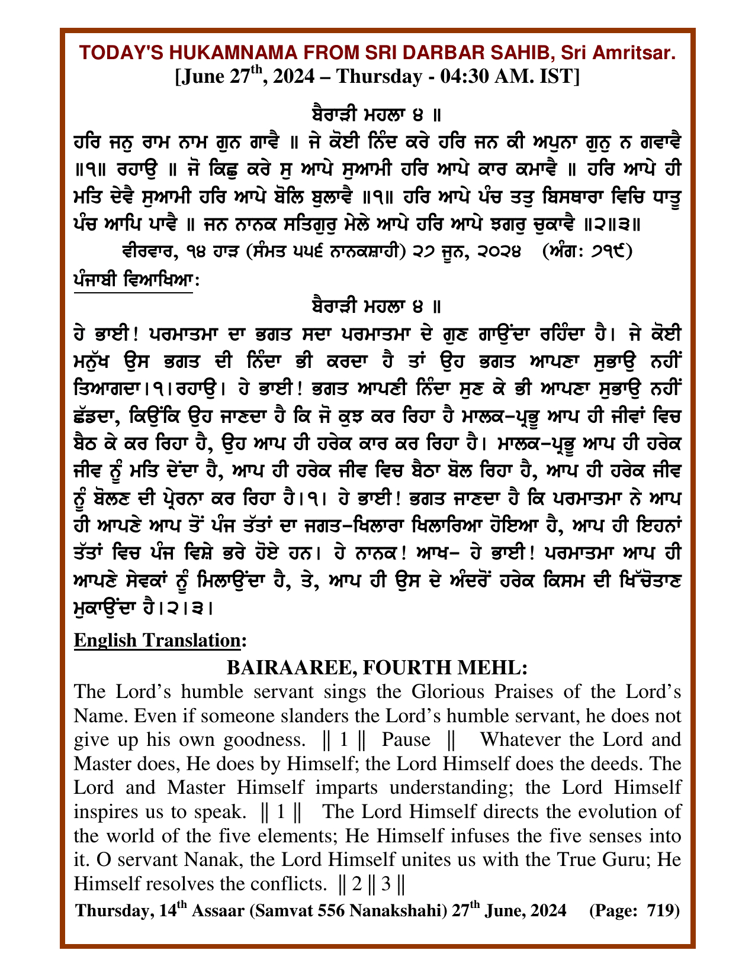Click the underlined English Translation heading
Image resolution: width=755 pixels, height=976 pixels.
(x=157, y=640)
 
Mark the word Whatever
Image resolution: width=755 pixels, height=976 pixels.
(x=516, y=740)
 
